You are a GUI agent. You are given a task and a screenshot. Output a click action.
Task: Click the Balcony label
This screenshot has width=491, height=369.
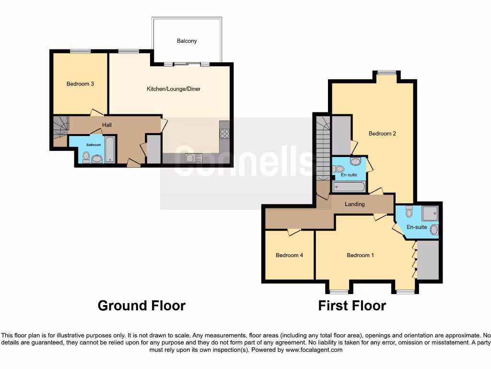pyautogui.click(x=187, y=41)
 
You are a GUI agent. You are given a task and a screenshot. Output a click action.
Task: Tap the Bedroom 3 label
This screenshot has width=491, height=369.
pyautogui.click(x=80, y=84)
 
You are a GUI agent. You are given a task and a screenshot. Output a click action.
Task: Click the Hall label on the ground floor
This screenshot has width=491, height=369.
pyautogui.click(x=106, y=125)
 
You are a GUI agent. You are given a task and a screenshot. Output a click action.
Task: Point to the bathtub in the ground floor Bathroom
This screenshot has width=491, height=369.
pyautogui.click(x=110, y=149)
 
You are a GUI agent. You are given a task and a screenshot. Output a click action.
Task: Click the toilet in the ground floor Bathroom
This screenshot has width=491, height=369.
pyautogui.click(x=86, y=156)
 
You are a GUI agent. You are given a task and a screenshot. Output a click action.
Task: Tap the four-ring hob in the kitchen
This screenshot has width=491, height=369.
pyautogui.click(x=224, y=134)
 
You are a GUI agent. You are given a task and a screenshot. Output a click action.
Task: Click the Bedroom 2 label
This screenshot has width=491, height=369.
pyautogui.click(x=382, y=134)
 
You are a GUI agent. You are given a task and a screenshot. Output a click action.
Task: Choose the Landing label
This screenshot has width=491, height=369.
pyautogui.click(x=355, y=204)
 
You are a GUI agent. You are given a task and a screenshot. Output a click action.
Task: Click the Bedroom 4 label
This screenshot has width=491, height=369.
pyautogui.click(x=289, y=255)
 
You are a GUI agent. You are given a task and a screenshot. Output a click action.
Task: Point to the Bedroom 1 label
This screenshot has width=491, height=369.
pyautogui.click(x=360, y=255)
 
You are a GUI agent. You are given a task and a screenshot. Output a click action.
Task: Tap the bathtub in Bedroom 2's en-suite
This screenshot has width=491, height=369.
pyautogui.click(x=349, y=186)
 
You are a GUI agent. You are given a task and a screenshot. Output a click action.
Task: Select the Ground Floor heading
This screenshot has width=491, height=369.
pyautogui.click(x=141, y=306)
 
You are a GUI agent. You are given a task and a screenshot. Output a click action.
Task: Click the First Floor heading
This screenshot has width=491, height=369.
pyautogui.click(x=352, y=306)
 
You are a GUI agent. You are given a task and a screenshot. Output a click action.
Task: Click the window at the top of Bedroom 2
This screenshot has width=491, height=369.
pyautogui.click(x=386, y=73)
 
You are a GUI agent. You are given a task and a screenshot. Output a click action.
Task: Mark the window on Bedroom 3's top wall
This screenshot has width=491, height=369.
pyautogui.click(x=80, y=51)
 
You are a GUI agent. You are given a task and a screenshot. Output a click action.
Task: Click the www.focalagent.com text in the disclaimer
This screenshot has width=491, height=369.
pyautogui.click(x=314, y=350)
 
